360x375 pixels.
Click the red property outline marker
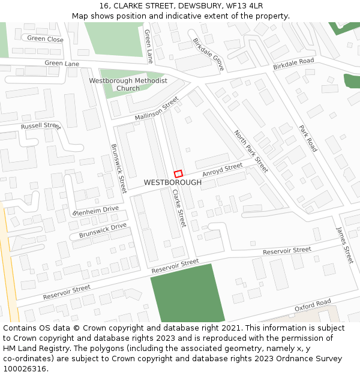pos(178,173)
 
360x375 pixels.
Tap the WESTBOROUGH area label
pos(173,182)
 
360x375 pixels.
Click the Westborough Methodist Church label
pos(128,85)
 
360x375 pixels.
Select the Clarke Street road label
pos(179,208)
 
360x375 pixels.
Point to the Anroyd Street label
pos(223,169)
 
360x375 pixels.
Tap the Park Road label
pos(308,138)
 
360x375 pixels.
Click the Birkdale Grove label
pos(208,55)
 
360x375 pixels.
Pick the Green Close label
pos(45,40)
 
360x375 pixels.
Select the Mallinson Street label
pos(157,108)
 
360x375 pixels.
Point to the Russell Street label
pos(41,127)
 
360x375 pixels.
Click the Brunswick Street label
pos(119,168)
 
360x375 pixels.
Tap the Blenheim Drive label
pos(96,211)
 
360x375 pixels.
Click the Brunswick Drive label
pos(103,230)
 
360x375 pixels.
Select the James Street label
pos(345,245)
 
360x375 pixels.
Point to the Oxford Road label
pos(313,305)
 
